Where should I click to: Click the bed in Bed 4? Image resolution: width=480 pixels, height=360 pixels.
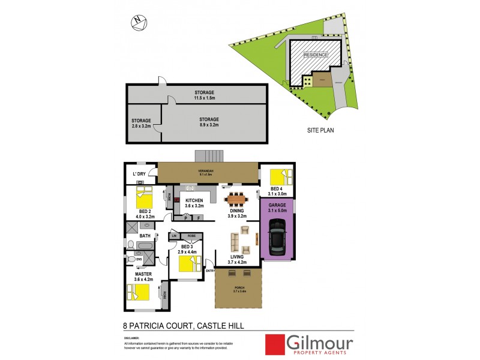(x=280, y=178)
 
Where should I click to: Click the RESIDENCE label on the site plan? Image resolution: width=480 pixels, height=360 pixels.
(x=316, y=55)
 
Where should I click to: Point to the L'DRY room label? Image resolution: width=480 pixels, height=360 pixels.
(x=139, y=175)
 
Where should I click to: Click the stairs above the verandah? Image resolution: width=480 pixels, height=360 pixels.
(x=208, y=155)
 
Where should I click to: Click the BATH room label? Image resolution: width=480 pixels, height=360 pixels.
(x=145, y=236)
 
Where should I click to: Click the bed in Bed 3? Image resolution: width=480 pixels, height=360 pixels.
(x=188, y=265)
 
